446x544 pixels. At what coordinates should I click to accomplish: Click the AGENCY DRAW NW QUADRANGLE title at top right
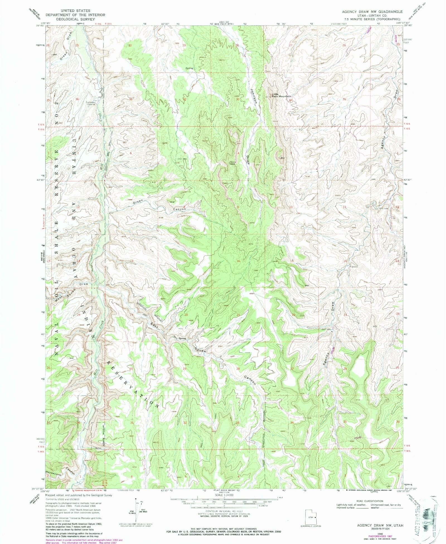372,11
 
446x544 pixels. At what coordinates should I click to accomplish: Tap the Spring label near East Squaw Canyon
182,338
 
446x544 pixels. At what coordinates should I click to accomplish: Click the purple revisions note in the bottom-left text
84,540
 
